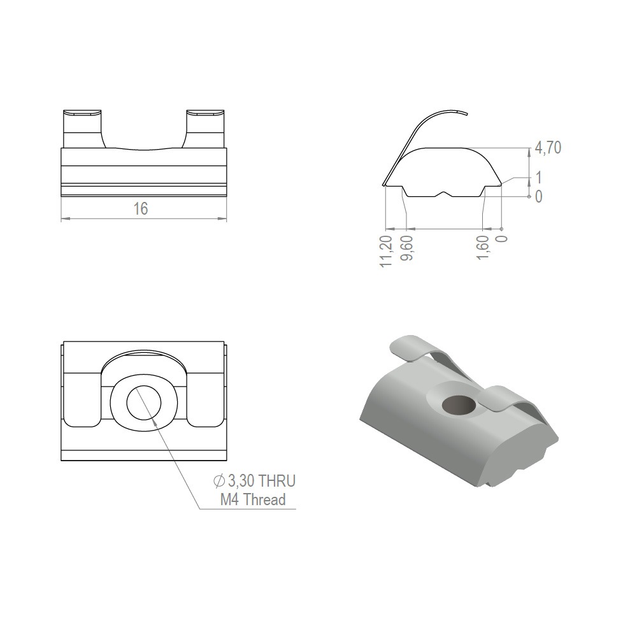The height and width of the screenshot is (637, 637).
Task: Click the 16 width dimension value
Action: tap(141, 209)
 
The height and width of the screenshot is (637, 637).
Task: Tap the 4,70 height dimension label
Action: tap(548, 148)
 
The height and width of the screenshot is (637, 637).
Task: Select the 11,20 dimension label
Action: tap(387, 252)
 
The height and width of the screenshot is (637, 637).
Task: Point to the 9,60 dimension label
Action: tap(406, 248)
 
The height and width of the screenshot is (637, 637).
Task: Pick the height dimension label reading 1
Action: tap(539, 178)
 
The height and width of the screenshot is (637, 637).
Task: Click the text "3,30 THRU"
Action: tap(262, 481)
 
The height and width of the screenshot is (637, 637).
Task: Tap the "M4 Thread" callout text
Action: tap(253, 499)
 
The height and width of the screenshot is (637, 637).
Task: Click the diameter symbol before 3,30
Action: tap(219, 482)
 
